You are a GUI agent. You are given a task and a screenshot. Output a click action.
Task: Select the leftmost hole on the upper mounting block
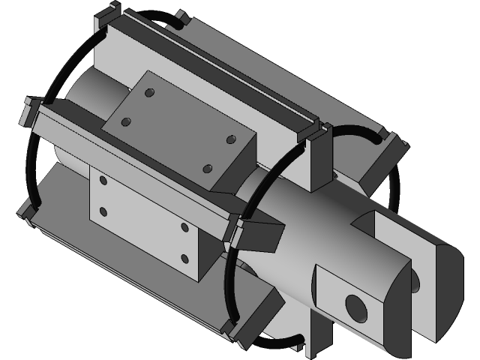[x=125, y=120]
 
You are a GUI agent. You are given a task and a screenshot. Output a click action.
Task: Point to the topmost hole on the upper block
[x=149, y=92]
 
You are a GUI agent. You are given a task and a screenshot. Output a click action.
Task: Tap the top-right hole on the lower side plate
[x=184, y=226]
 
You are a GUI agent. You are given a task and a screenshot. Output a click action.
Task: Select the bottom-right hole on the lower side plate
[x=184, y=259]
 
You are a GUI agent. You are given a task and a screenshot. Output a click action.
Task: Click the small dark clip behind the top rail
[x=181, y=16]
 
